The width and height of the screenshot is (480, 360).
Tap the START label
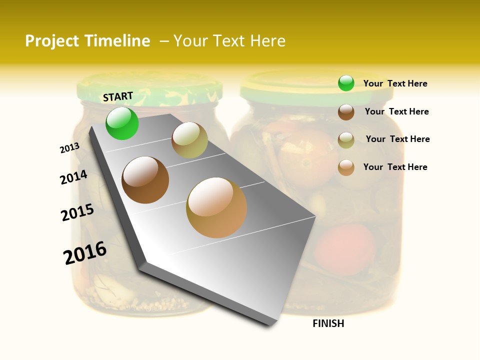[118, 96]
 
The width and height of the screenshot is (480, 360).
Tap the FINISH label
[328, 323]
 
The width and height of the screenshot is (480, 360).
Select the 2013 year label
[69, 148]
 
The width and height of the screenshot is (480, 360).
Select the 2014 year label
[73, 177]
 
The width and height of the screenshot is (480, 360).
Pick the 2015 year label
[77, 212]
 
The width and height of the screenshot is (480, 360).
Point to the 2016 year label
[85, 252]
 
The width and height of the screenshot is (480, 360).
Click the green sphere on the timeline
[122, 123]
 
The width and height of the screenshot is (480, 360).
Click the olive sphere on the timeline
[189, 140]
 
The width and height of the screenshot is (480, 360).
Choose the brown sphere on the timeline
[145, 180]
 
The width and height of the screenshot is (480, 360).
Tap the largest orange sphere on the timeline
[216, 207]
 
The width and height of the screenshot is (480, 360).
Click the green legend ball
[346, 83]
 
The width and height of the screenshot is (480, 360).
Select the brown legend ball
[346, 112]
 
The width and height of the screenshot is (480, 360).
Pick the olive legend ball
[346, 140]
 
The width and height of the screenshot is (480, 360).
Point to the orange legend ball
[346, 167]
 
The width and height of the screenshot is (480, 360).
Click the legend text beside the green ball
[395, 83]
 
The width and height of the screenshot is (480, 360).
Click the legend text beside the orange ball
[395, 167]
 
